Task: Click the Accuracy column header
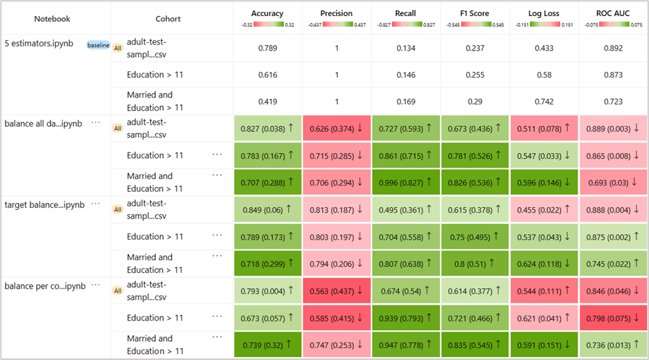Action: [267, 13]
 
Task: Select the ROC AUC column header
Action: [613, 13]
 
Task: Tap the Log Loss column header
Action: [544, 13]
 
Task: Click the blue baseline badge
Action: [98, 45]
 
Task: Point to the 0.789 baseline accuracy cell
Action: [267, 47]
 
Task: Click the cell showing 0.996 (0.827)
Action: [405, 182]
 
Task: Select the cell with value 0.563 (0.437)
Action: [336, 291]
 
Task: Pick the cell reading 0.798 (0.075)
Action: [613, 318]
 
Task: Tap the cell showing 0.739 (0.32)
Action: [267, 345]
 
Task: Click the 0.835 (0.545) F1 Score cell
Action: [474, 345]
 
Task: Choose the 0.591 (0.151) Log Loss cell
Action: [544, 345]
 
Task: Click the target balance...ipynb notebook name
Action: [44, 205]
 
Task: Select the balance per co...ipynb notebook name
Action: [44, 286]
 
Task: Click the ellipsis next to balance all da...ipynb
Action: [96, 123]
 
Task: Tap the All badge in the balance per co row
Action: [117, 291]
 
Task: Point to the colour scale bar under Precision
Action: [336, 24]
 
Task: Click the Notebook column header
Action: [52, 19]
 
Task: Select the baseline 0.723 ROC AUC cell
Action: [613, 101]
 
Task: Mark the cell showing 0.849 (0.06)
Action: [267, 209]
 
